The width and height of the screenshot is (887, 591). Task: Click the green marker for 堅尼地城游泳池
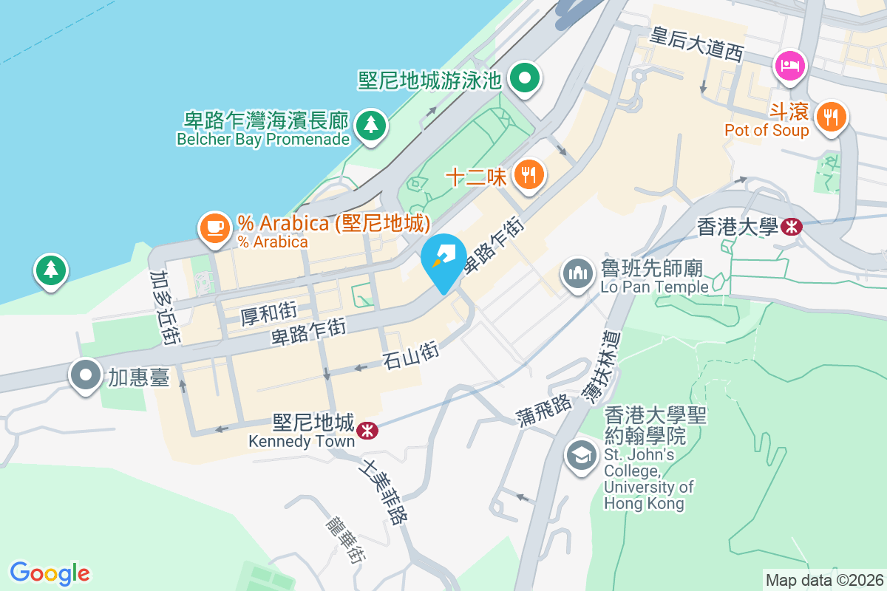point(525,78)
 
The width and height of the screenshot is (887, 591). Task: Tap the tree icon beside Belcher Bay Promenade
point(370,125)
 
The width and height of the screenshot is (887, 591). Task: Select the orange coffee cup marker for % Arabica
point(215,227)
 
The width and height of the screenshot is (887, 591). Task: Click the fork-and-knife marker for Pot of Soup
point(832,117)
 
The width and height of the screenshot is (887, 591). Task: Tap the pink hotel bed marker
point(790,65)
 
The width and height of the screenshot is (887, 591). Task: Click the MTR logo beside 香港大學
point(791,227)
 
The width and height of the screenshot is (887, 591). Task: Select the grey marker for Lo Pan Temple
point(577,274)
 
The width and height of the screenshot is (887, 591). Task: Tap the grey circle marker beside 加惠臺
point(86,375)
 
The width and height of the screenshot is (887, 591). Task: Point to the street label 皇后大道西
point(696,45)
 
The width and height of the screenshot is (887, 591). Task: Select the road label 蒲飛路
point(546,412)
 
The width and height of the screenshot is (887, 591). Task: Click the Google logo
point(50,573)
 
